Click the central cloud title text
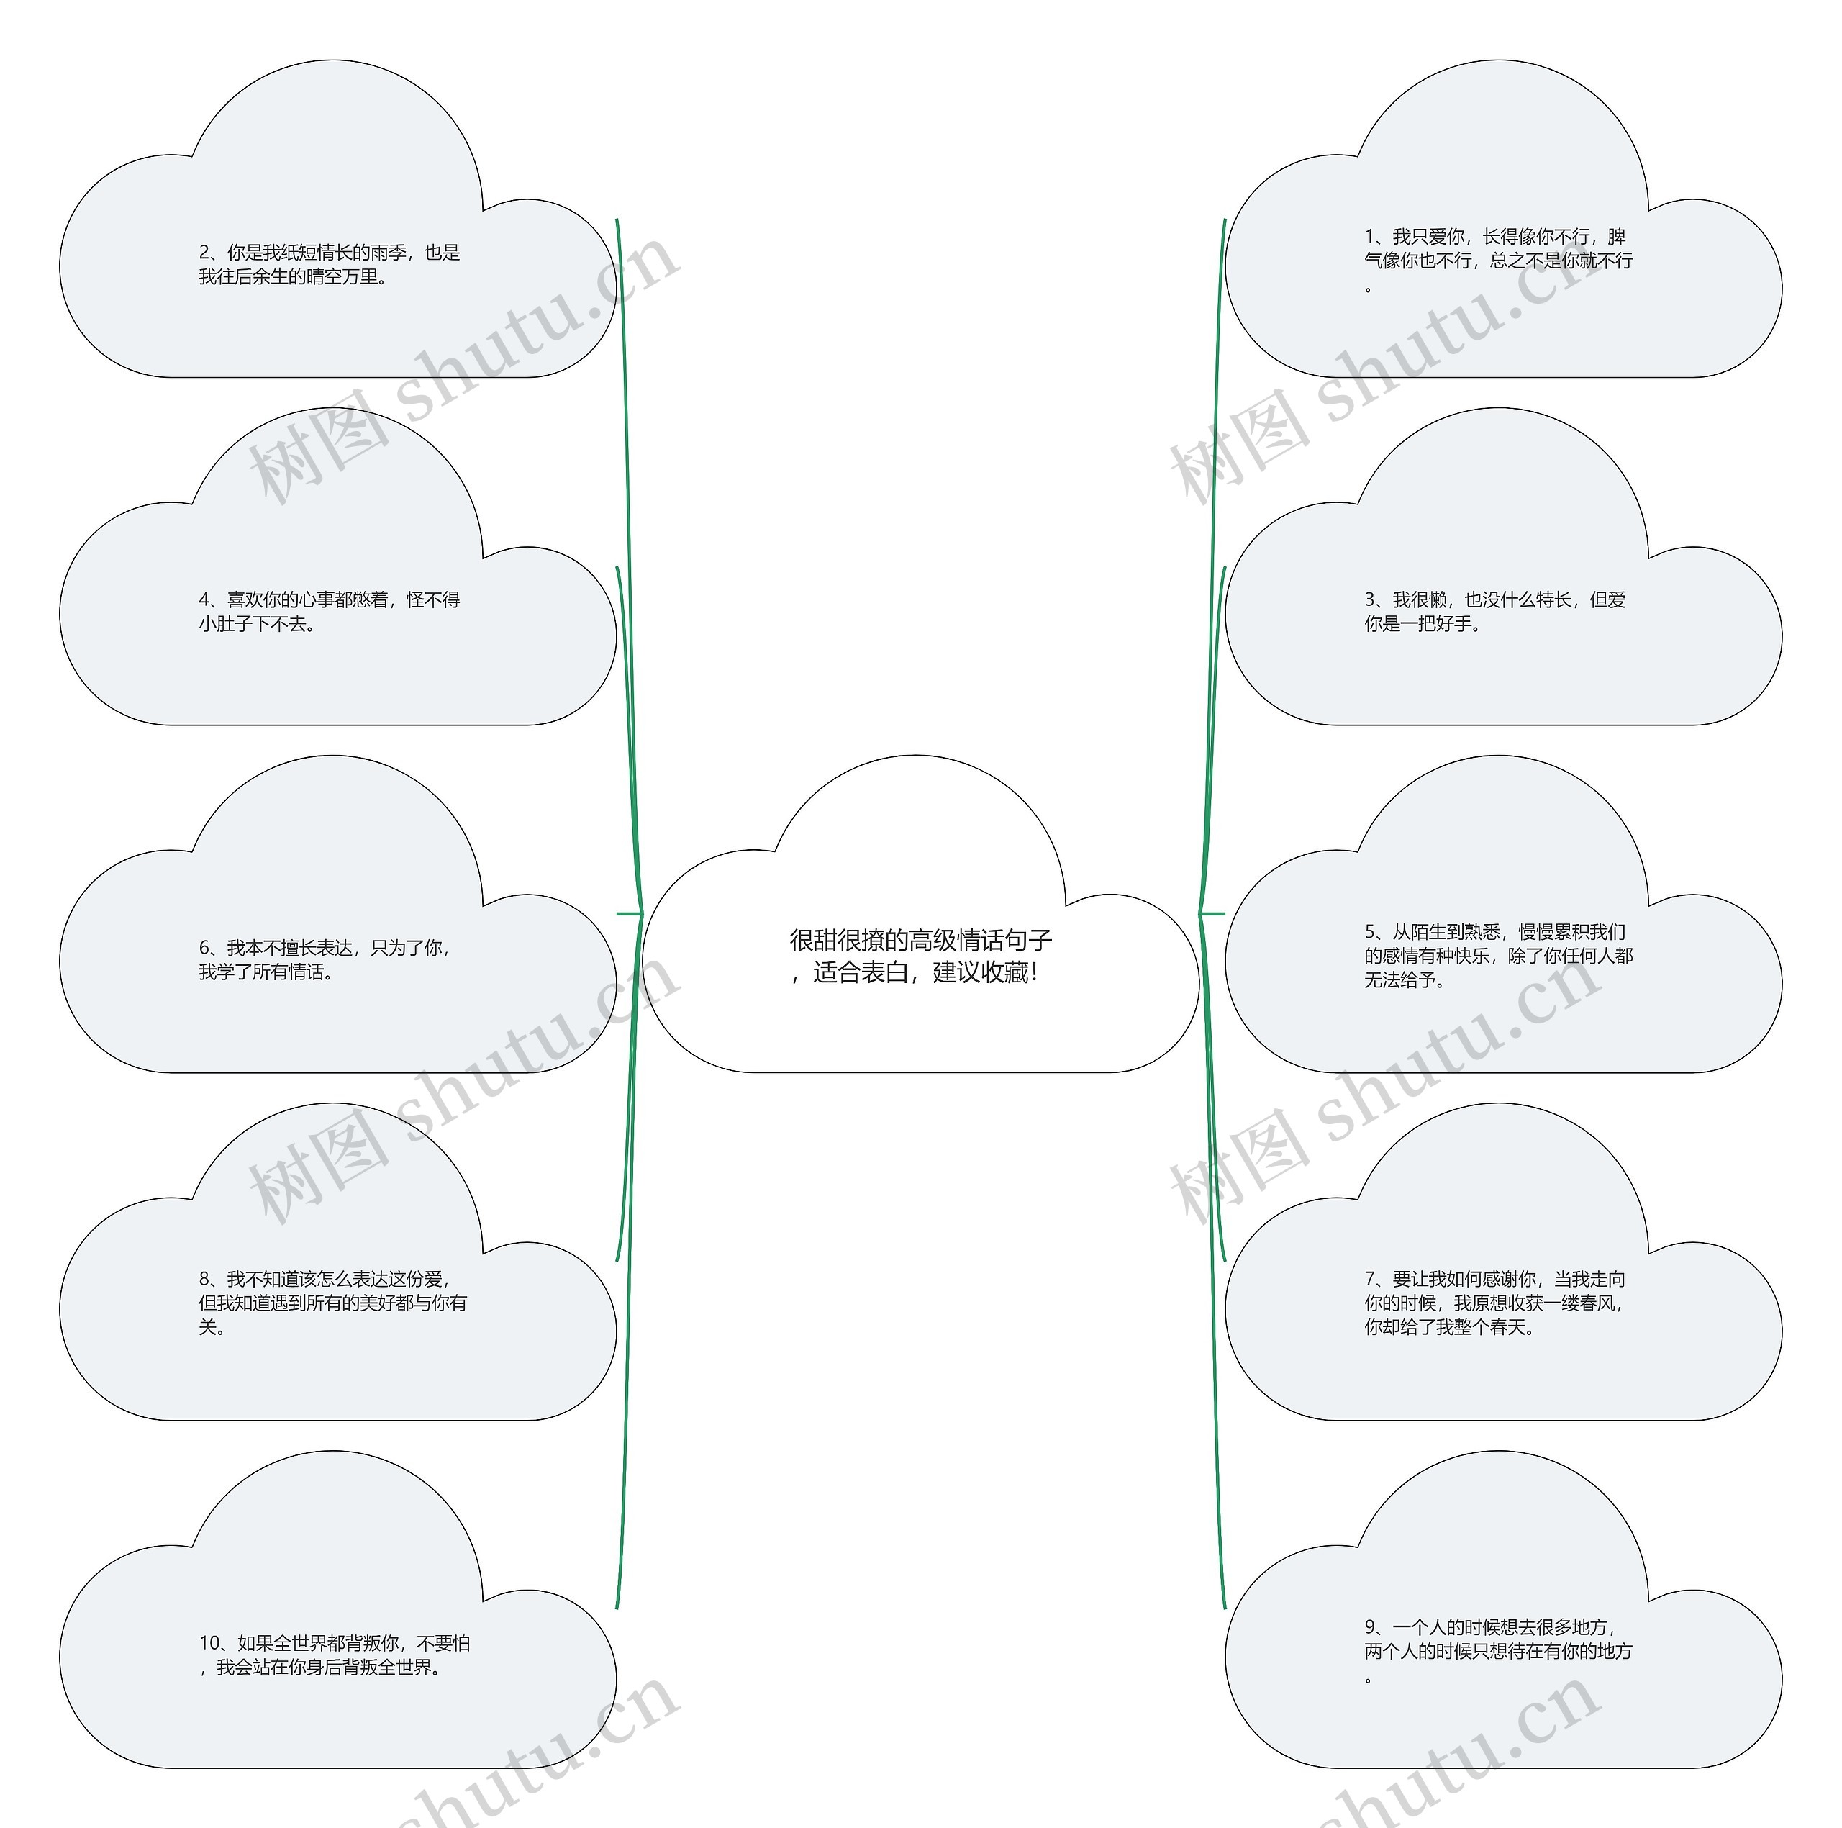(920, 956)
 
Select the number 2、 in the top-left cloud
(211, 253)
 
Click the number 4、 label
(211, 599)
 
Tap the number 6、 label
(211, 948)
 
